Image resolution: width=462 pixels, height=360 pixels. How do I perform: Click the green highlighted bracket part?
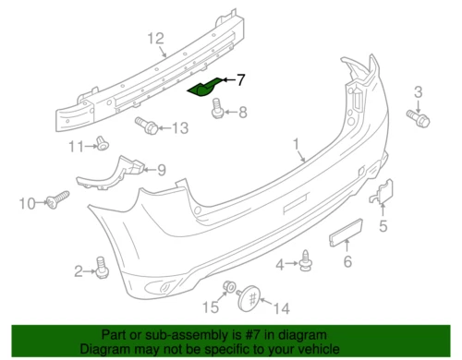[205, 89]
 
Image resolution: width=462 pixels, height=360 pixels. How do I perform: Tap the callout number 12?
[155, 38]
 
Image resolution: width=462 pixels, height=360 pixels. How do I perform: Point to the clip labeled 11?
[103, 143]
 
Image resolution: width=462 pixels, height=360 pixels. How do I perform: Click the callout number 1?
[297, 145]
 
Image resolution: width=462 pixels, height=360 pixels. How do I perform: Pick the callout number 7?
[241, 80]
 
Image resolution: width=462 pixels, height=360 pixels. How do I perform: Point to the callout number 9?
[161, 169]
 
